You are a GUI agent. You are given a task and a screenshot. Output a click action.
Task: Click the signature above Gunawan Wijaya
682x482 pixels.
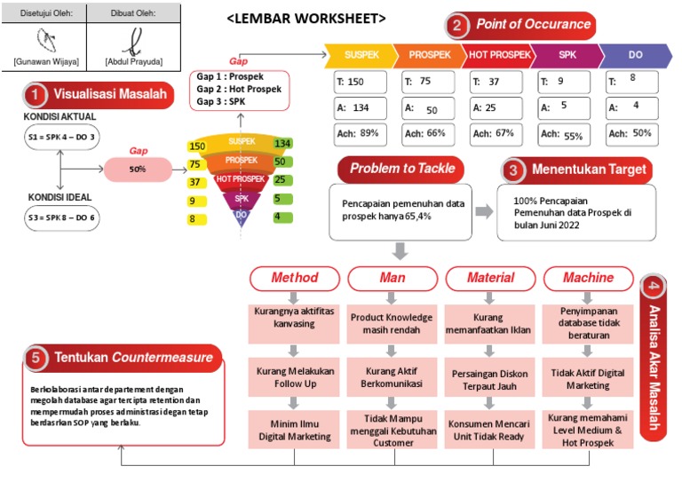pyautogui.click(x=46, y=38)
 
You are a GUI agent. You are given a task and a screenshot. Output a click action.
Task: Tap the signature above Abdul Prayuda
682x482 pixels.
pyautogui.click(x=133, y=38)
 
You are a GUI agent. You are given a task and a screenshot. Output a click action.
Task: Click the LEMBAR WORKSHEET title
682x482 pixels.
pyautogui.click(x=306, y=18)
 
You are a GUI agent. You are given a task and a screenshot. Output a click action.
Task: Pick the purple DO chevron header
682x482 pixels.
pyautogui.click(x=635, y=55)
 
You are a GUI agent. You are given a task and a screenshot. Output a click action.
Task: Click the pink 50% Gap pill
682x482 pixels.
pyautogui.click(x=137, y=169)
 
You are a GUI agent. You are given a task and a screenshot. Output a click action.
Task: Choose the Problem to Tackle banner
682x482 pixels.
pyautogui.click(x=401, y=169)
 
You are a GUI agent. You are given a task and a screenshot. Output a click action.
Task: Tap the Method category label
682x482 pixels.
pyautogui.click(x=294, y=278)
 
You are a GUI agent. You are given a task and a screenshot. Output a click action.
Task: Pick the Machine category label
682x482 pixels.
pyautogui.click(x=588, y=278)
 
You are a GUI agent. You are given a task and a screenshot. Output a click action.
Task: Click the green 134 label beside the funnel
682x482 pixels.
pyautogui.click(x=283, y=144)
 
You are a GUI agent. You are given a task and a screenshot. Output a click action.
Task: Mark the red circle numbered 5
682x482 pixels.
pyautogui.click(x=36, y=357)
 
